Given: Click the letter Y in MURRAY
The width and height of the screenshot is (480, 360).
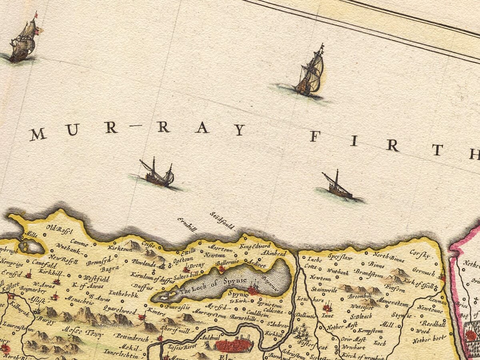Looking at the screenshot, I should (x=239, y=130).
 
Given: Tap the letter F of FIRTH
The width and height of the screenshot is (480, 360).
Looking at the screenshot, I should (x=315, y=136).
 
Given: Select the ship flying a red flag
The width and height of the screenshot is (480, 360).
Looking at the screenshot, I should (x=24, y=40).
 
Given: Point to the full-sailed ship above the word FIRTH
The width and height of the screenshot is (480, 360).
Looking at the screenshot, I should (x=310, y=74).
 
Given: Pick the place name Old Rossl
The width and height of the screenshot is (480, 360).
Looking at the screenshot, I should (x=59, y=229).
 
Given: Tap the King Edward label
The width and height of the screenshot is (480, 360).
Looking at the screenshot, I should (x=255, y=246).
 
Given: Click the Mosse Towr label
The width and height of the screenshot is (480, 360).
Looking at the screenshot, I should (x=78, y=331).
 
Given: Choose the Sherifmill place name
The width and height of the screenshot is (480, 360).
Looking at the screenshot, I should (x=175, y=328).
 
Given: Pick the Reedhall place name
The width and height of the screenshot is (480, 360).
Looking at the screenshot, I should (x=433, y=324).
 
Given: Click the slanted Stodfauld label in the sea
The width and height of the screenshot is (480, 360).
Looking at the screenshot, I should (x=222, y=221).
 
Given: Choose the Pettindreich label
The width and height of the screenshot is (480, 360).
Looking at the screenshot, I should (x=132, y=337).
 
